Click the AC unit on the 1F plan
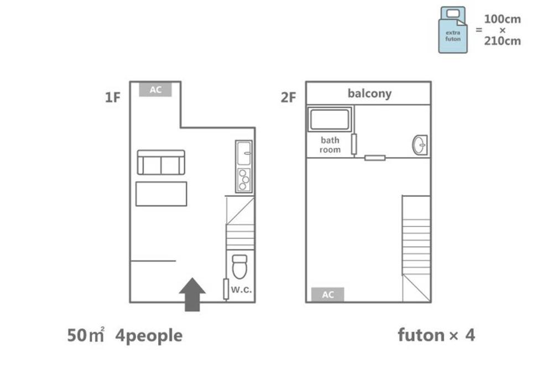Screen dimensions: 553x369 155,90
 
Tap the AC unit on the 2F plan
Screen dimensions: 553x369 327,294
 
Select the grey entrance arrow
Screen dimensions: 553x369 192,294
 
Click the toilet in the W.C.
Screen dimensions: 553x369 240,267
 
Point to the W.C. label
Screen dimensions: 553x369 242,290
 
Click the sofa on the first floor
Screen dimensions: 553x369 161,162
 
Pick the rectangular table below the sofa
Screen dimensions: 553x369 161,194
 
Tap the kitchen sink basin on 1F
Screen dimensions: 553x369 244,153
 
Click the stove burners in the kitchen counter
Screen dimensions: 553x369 244,180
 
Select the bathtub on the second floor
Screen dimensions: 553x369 330,119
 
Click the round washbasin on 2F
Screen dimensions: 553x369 420,145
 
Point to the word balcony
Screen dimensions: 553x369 369,93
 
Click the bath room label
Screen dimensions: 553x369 330,145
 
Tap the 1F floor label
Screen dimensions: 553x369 113,97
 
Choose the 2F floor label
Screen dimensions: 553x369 288,97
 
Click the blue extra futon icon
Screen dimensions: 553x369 453,30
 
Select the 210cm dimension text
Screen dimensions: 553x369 502,41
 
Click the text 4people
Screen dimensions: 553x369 149,336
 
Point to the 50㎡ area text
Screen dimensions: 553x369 86,335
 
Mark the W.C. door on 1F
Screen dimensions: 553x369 226,289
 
